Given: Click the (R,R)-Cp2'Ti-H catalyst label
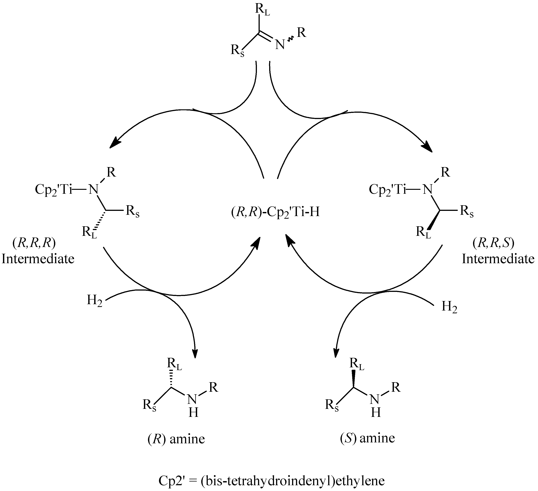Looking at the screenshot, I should tap(275, 213).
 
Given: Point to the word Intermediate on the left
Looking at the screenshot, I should tap(38, 259).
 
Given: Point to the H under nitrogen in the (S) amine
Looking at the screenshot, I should tap(376, 413).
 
